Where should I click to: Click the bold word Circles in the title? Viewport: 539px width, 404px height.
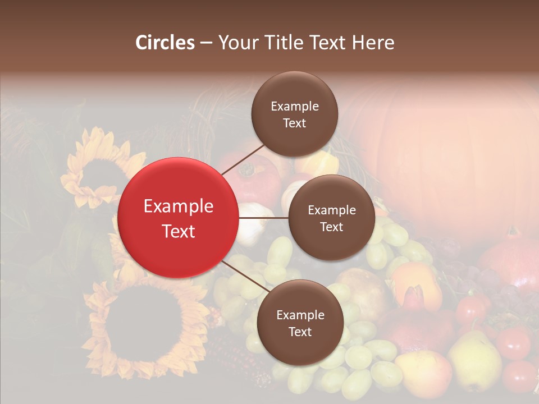pyautogui.click(x=165, y=43)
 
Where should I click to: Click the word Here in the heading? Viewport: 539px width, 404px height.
pyautogui.click(x=373, y=43)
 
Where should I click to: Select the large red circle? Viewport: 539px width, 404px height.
pyautogui.click(x=178, y=218)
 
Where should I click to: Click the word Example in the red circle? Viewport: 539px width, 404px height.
pyautogui.click(x=178, y=206)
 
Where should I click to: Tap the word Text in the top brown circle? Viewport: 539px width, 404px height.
pyautogui.click(x=294, y=123)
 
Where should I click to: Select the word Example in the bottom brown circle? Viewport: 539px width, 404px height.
pyautogui.click(x=300, y=315)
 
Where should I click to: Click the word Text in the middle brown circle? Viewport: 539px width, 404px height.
pyautogui.click(x=331, y=227)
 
